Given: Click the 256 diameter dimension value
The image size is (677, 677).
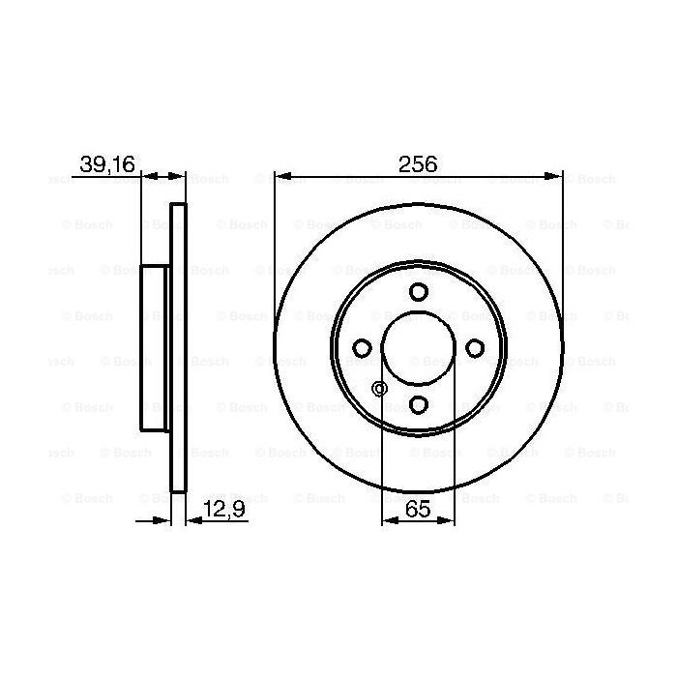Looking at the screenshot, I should click(418, 163).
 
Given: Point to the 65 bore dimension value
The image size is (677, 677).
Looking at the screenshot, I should click(418, 507).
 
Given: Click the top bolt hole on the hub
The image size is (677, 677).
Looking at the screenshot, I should click(418, 292).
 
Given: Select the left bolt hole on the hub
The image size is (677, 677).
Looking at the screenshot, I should click(362, 348).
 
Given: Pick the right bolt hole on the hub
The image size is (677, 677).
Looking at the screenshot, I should click(474, 348).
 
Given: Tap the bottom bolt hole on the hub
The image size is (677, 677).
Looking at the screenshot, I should click(418, 404).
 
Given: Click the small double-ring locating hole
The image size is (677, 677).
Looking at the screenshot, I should click(379, 389).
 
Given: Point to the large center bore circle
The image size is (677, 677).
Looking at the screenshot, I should click(418, 348).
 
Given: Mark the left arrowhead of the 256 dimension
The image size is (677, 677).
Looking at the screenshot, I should click(280, 176).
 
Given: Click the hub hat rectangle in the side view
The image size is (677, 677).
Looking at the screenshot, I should click(154, 348).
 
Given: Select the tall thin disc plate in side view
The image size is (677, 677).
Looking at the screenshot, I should click(177, 348).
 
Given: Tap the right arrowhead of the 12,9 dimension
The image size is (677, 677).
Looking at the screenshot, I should click(191, 520).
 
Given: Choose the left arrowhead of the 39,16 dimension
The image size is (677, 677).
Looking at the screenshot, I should click(148, 176).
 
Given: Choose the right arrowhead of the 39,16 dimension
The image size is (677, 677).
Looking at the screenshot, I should click(177, 176).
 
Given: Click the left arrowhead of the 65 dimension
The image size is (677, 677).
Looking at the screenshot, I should click(389, 520).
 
